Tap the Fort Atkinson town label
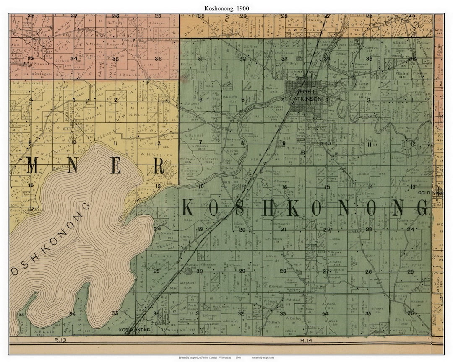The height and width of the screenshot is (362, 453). point(308,96)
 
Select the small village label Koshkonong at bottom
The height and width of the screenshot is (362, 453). point(135,330)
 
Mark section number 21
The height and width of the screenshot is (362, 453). point(283,229)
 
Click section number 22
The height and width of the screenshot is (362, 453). point(327,229)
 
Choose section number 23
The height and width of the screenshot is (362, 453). point(369,229)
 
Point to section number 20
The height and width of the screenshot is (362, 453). point(242,230)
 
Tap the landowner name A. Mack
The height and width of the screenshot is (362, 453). point(329,303)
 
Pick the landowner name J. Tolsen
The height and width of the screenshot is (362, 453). point(156,256)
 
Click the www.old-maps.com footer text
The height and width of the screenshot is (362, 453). point(263,357)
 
